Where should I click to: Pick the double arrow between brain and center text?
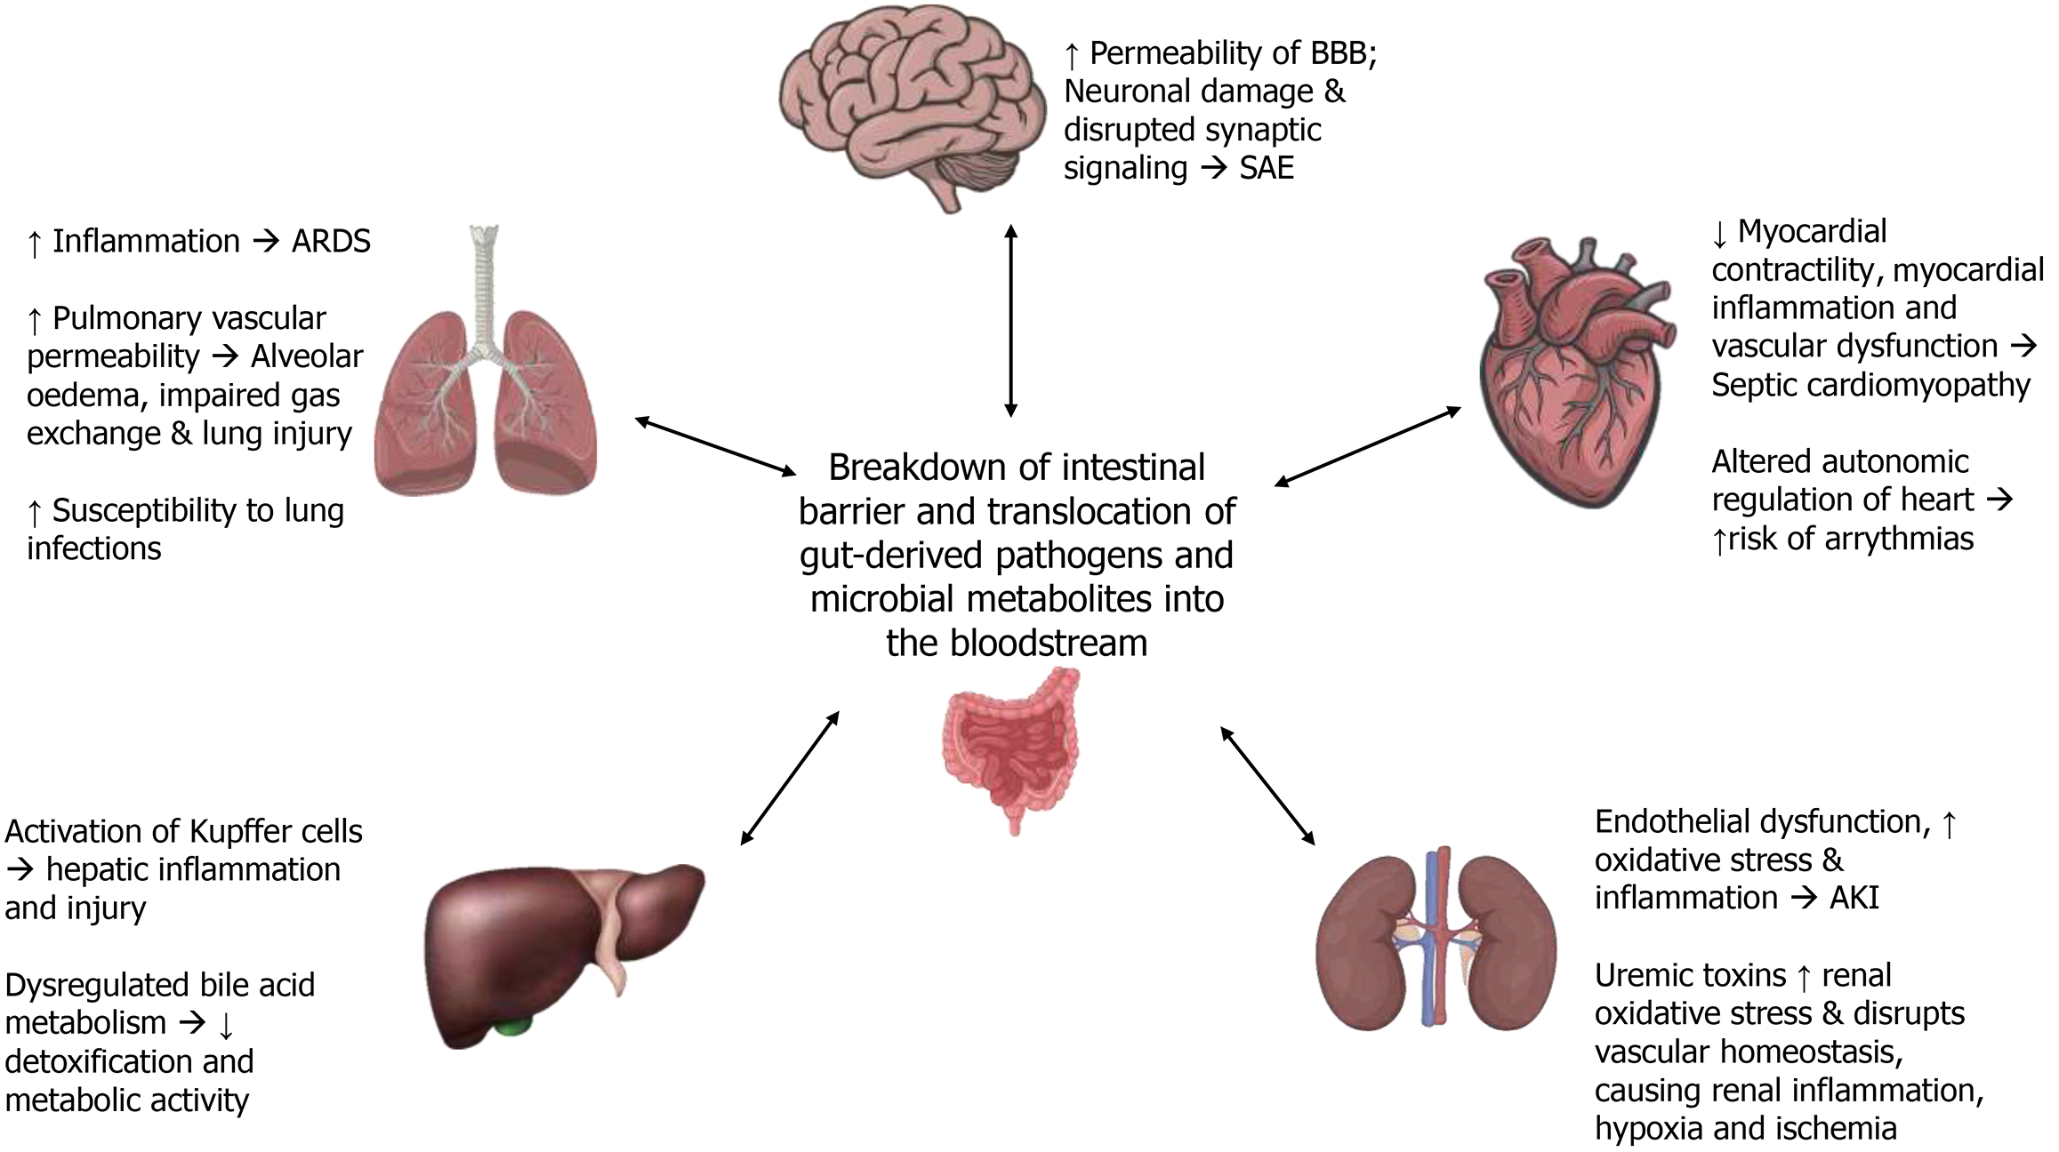point(1010,320)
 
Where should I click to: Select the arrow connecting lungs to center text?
point(716,445)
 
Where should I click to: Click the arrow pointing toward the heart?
point(1367,446)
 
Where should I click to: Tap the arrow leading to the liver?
point(790,777)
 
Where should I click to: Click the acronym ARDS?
point(331,242)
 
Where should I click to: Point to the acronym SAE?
point(1267,168)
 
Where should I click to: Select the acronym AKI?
point(1854,899)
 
